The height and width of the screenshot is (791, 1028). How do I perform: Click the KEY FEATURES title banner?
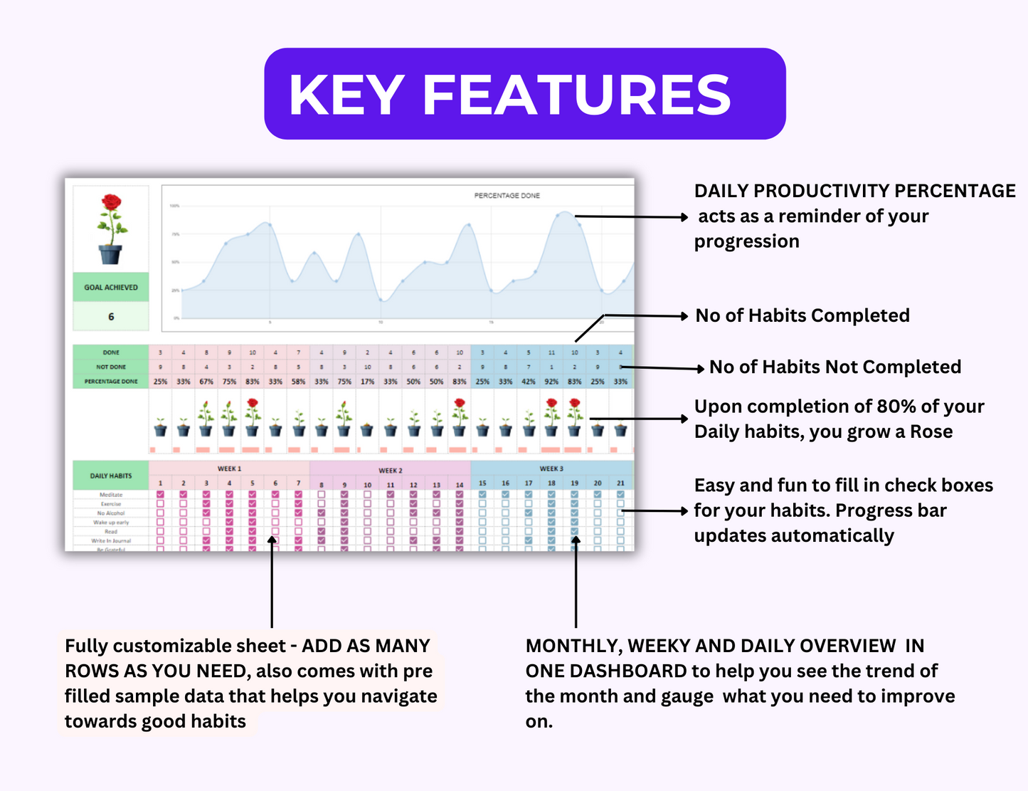click(x=524, y=94)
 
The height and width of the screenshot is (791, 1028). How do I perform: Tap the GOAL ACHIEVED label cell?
click(x=111, y=288)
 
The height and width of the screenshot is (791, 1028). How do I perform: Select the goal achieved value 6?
click(x=111, y=317)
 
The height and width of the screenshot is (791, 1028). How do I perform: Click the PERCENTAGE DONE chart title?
click(x=507, y=195)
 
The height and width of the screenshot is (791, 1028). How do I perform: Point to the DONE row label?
click(x=111, y=352)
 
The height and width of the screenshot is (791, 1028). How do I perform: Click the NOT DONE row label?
click(x=111, y=367)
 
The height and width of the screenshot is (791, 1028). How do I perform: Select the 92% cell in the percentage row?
click(x=551, y=382)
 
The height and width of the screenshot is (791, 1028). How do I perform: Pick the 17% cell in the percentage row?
click(x=367, y=382)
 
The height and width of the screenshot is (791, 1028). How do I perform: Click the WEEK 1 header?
click(x=229, y=468)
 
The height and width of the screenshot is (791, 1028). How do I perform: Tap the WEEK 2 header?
click(x=390, y=470)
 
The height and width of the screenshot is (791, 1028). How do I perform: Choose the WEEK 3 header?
click(x=551, y=468)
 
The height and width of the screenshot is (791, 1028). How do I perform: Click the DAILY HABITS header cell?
click(x=111, y=476)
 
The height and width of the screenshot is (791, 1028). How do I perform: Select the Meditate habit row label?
click(x=111, y=494)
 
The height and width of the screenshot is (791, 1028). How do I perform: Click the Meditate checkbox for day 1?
click(x=160, y=494)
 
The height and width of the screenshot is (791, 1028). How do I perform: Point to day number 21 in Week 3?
click(x=620, y=483)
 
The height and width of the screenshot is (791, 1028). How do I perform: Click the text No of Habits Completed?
click(x=802, y=315)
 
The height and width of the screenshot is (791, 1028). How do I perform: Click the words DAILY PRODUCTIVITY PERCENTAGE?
click(x=854, y=191)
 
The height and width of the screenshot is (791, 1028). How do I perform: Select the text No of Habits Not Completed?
click(x=835, y=367)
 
